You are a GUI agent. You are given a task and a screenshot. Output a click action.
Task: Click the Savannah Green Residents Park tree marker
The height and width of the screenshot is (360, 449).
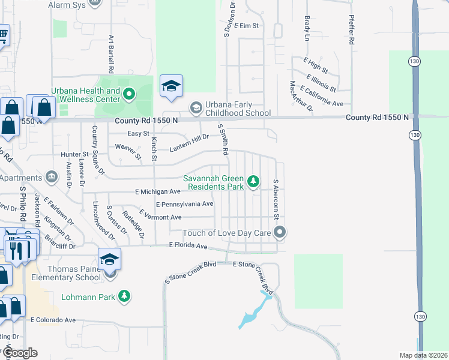pyautogui.click(x=253, y=181)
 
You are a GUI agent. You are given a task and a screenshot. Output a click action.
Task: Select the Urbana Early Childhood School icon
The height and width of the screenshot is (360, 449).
pyautogui.click(x=196, y=108)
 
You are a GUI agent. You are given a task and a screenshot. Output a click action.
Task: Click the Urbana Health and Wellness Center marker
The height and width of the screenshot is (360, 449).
pyautogui.click(x=129, y=94)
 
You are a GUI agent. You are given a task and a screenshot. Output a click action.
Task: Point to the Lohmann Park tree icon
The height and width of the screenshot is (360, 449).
pyautogui.click(x=124, y=296)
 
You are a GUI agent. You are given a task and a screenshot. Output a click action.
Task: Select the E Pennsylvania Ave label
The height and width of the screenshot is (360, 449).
pyautogui.click(x=184, y=204)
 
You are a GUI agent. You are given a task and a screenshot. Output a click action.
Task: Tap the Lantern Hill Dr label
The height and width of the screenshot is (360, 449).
pyautogui.click(x=189, y=139)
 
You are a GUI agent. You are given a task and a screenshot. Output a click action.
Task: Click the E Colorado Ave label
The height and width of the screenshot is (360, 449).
pyautogui.click(x=53, y=320)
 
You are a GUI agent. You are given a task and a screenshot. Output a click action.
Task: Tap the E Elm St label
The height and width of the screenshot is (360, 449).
pyautogui.click(x=247, y=26)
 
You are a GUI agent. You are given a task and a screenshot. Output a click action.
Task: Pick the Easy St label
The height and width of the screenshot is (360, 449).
pyautogui.click(x=137, y=133)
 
